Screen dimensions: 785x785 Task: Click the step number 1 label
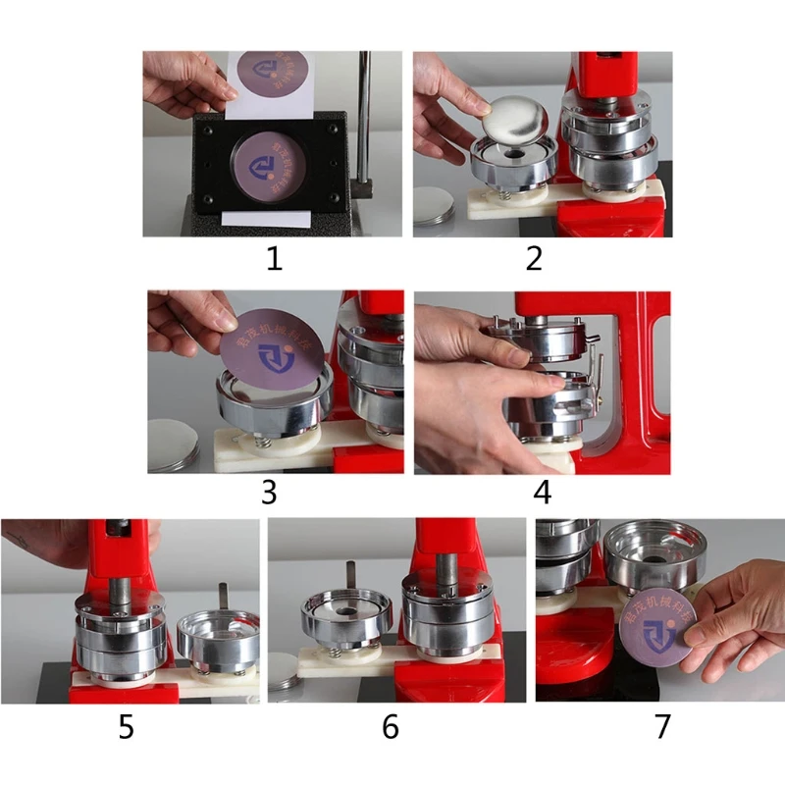tap(273, 259)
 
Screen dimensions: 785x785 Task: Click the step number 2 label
tap(534, 259)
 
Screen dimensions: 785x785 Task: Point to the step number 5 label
tap(127, 727)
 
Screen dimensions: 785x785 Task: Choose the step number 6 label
tap(390, 727)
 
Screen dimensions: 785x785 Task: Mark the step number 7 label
tap(662, 727)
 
